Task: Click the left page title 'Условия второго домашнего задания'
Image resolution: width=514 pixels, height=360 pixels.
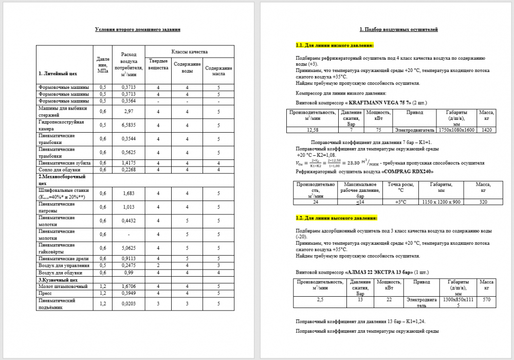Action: (138, 30)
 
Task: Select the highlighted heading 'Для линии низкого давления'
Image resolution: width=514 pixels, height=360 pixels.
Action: (335, 46)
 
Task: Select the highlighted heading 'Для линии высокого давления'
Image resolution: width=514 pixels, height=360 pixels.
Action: (337, 218)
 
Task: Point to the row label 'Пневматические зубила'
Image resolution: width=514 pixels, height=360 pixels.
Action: (65, 163)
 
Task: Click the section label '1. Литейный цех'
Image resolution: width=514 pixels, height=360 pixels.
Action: (58, 73)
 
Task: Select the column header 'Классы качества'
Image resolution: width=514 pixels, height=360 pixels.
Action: (189, 52)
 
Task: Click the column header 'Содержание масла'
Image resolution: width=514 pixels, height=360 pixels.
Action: (218, 71)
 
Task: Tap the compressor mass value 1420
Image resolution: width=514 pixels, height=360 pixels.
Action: (487, 130)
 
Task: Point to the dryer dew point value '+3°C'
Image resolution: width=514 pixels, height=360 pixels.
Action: (401, 202)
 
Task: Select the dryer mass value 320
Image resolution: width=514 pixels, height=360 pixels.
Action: (483, 202)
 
